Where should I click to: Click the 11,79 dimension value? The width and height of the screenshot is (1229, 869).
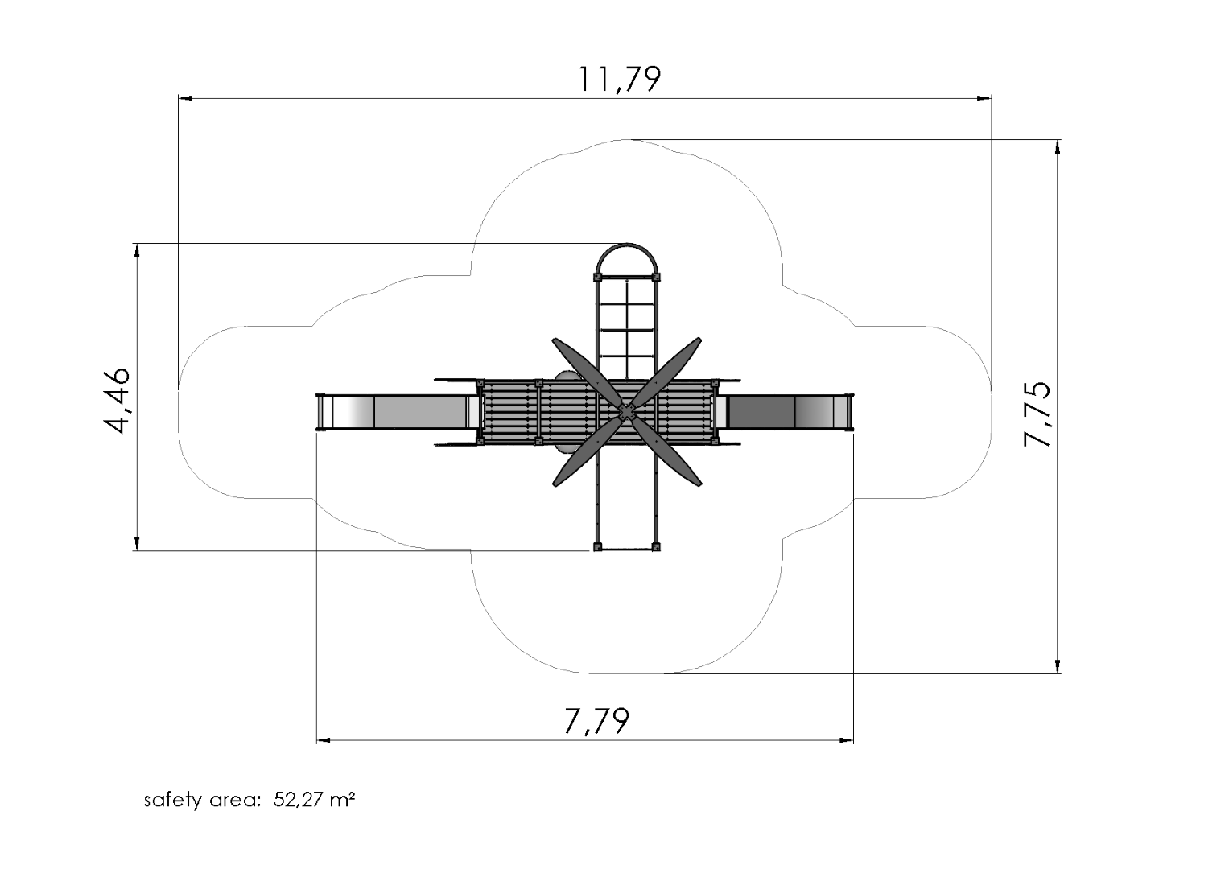tap(619, 79)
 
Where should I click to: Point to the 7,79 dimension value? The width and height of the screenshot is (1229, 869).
tap(596, 721)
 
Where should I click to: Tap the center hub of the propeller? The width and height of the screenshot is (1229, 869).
tap(626, 412)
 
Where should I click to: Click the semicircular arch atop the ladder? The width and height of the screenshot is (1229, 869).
tap(626, 255)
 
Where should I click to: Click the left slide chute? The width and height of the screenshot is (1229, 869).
tap(394, 411)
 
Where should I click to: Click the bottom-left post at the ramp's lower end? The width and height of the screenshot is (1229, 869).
tap(597, 547)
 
